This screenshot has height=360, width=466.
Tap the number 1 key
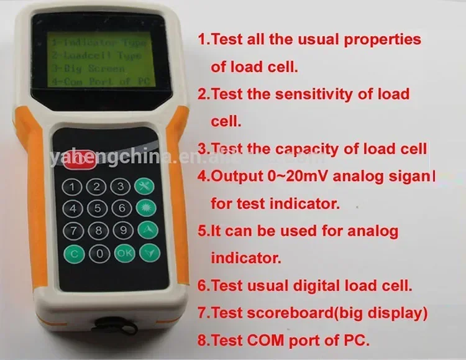coord(74,186)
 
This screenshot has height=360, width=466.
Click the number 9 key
coord(123,230)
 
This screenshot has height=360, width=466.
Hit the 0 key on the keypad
coord(98,253)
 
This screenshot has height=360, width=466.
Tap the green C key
coord(74,253)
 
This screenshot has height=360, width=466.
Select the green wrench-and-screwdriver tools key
coord(146,186)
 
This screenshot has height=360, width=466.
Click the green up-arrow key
coord(147,230)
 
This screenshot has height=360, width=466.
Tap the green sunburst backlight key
coord(146,208)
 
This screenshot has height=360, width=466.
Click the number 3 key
coord(122,186)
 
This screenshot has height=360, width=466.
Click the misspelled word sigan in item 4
coord(413,176)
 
